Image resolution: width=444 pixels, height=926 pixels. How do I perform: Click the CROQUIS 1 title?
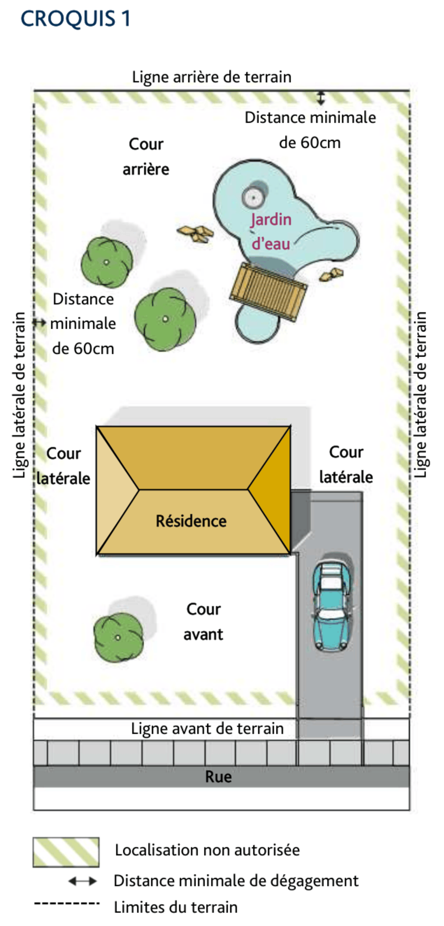click(76, 19)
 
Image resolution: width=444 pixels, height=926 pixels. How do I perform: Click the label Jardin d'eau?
click(271, 231)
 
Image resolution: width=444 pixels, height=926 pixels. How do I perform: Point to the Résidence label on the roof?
click(191, 521)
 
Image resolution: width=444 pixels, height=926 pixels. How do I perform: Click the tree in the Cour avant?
click(118, 637)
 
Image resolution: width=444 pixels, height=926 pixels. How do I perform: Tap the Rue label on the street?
click(218, 777)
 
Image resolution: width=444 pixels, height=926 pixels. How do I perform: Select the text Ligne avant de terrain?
click(207, 729)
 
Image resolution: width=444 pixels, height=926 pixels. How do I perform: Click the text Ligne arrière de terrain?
click(212, 77)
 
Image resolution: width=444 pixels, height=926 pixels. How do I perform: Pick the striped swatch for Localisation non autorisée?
click(66, 852)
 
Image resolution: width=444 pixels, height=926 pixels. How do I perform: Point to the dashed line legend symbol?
click(67, 903)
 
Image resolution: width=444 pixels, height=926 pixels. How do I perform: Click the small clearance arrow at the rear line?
click(321, 98)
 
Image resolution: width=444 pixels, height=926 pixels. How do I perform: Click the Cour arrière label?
click(146, 156)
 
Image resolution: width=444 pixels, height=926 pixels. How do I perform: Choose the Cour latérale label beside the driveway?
click(346, 465)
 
